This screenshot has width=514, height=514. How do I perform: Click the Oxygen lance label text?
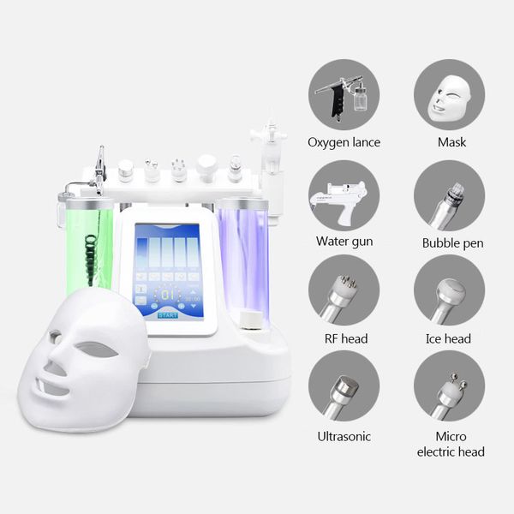point(344,142)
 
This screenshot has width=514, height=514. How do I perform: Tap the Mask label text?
point(451,142)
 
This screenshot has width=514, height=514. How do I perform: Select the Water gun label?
point(344,242)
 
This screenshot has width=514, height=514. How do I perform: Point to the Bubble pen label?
point(452,243)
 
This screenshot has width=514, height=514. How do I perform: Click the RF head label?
point(346,338)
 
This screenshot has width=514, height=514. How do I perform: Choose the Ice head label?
point(448,338)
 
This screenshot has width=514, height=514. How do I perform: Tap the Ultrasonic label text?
point(344,436)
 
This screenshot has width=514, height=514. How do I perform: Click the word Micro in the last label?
point(451,436)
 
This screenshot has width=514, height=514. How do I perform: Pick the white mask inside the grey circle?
point(450,98)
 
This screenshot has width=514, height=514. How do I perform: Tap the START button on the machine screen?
point(168,315)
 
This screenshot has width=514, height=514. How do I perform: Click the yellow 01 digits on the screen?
point(168,295)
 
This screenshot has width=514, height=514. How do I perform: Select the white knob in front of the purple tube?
point(251,320)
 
